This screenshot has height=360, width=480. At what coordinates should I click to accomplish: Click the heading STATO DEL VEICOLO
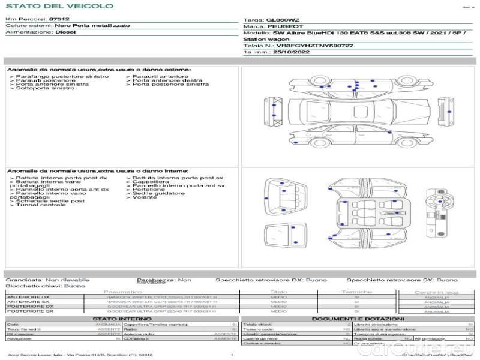pos(59,7)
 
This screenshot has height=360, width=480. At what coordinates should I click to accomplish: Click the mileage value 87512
pos(59,20)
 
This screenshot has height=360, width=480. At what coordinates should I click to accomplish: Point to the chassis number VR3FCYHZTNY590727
pos(314,46)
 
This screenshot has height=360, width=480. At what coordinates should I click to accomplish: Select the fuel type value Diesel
pos(66,32)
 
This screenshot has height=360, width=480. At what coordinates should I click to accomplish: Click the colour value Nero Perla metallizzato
pos(91,26)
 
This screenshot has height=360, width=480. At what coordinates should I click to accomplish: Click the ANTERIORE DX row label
pos(29,297)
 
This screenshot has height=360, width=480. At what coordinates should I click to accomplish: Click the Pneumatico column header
pos(127,292)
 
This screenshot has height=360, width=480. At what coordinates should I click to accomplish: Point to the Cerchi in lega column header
pos(436,292)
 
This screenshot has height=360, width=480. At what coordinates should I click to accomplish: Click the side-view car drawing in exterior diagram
pos(346,136)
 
